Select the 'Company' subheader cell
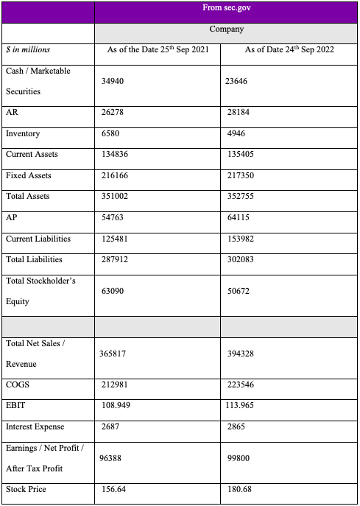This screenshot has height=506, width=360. pyautogui.click(x=226, y=29)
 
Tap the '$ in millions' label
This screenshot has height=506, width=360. pyautogui.click(x=28, y=50)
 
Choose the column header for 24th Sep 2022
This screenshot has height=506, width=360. pyautogui.click(x=290, y=50)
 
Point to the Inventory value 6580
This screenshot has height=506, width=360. pyautogui.click(x=113, y=134)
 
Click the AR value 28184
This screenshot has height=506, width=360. pyautogui.click(x=239, y=113)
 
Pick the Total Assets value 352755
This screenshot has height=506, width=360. pyautogui.click(x=241, y=197)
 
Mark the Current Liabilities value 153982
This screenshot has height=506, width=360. pyautogui.click(x=241, y=239)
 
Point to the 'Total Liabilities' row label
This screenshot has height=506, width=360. pyautogui.click(x=34, y=259)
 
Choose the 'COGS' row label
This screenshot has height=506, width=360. pyautogui.click(x=17, y=385)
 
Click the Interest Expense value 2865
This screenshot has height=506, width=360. pyautogui.click(x=236, y=427)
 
